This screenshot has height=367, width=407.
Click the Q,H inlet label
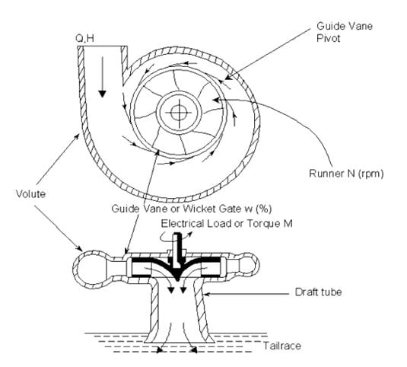84,39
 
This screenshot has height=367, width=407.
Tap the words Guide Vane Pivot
345,32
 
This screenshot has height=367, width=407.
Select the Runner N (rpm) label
346,174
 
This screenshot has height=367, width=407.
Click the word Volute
30,194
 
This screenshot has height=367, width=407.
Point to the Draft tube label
318,292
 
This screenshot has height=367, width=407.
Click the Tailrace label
282,346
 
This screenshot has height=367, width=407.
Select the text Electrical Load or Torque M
227,224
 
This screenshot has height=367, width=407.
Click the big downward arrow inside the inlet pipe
103,77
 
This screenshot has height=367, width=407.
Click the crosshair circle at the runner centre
179,113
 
